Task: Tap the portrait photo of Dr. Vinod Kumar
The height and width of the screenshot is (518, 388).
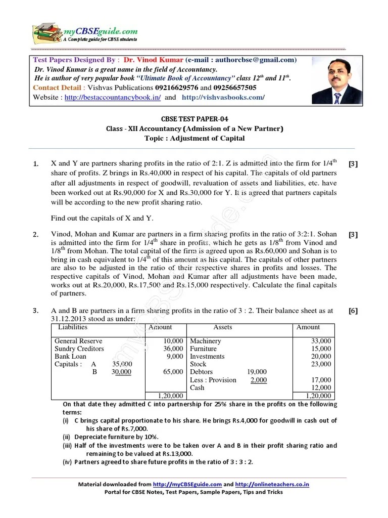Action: (x=336, y=80)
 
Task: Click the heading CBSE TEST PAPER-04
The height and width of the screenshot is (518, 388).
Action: (x=194, y=119)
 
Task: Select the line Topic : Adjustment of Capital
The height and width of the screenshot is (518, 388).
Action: (x=194, y=138)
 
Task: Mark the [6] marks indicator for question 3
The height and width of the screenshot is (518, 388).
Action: (x=353, y=311)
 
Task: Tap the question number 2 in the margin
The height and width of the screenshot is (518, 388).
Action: (x=36, y=234)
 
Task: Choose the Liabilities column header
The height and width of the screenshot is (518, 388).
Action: (x=73, y=327)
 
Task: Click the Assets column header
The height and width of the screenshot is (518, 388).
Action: (x=222, y=327)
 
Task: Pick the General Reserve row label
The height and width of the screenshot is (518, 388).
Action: (x=78, y=341)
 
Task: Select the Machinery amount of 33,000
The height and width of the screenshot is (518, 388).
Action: (x=321, y=341)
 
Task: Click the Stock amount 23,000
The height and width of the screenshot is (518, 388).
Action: (x=321, y=364)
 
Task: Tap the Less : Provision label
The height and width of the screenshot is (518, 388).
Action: (x=213, y=380)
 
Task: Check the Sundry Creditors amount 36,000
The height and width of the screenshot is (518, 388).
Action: (x=173, y=349)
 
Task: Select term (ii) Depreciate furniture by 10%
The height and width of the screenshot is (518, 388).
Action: (x=111, y=437)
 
